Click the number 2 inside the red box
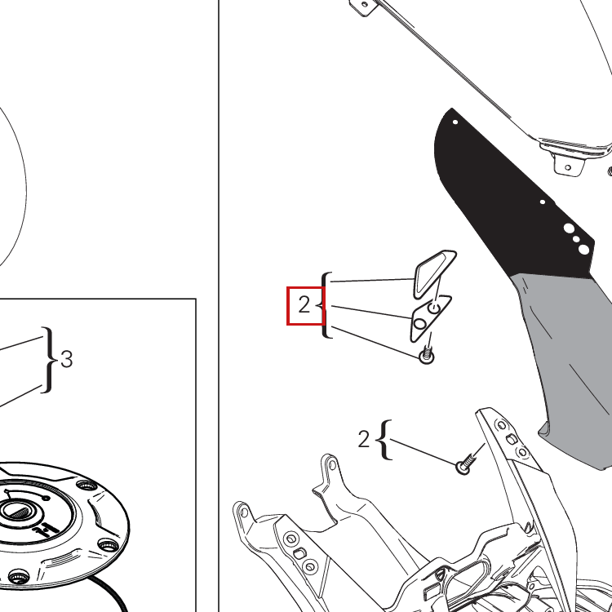(304, 304)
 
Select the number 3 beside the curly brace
(67, 359)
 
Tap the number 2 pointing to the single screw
(363, 439)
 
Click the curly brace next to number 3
(48, 360)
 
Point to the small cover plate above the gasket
(433, 273)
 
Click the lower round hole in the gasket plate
(419, 324)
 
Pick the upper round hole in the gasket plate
(434, 308)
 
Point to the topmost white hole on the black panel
(455, 122)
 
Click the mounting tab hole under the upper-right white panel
(568, 168)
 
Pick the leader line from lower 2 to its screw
(423, 452)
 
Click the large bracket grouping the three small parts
(326, 305)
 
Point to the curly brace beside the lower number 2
(384, 440)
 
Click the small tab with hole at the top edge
(364, 6)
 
